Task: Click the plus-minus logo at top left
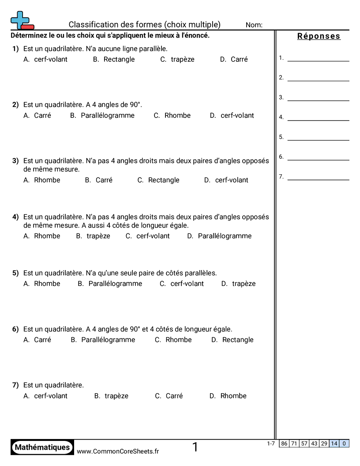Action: pos(22,21)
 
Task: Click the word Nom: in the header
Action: pos(254,25)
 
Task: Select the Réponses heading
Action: pos(319,36)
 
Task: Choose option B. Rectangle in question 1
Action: pos(114,59)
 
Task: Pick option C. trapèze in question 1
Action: pos(177,59)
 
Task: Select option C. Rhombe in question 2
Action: pos(172,115)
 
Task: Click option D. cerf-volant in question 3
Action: pos(226,180)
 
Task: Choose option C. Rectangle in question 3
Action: pos(158,180)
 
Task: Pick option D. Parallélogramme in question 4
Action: pos(219,236)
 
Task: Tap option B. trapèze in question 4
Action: pos(93,236)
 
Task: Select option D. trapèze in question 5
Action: pos(238,284)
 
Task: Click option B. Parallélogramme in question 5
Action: pos(110,284)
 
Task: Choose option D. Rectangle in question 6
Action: pos(232,340)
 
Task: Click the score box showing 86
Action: pos(284,443)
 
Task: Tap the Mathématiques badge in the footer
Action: pos(42,447)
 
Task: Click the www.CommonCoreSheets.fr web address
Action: pos(118,451)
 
